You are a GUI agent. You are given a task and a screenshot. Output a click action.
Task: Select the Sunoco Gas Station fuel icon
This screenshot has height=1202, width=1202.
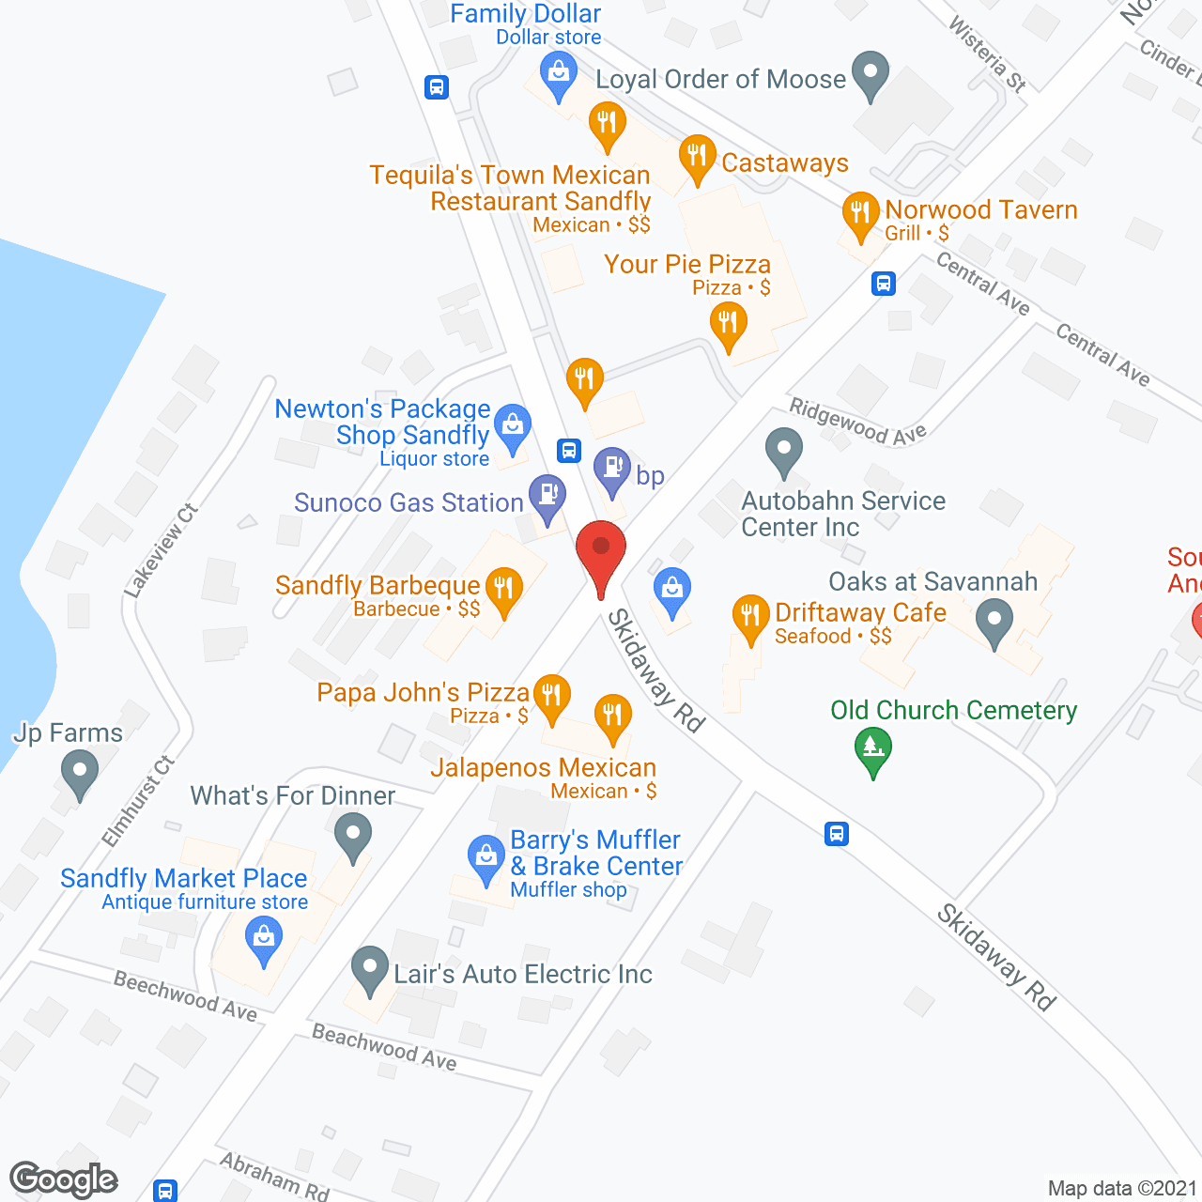click(547, 495)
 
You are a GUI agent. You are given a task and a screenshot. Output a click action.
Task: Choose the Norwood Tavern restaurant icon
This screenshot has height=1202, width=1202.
click(860, 214)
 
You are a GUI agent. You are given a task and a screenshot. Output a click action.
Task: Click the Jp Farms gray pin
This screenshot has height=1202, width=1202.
click(79, 776)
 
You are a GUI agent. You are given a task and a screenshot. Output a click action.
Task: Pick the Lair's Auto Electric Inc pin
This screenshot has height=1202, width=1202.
click(370, 967)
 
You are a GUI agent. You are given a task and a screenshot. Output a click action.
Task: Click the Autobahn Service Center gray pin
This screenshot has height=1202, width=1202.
click(783, 450)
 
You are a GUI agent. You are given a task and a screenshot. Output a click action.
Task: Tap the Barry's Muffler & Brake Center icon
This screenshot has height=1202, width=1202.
click(485, 857)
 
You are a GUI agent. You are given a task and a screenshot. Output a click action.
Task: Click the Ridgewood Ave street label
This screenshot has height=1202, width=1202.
click(857, 422)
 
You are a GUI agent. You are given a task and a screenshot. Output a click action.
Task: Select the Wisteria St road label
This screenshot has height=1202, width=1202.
click(987, 54)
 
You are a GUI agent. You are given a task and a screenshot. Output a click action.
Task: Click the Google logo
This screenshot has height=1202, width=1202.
click(64, 1179)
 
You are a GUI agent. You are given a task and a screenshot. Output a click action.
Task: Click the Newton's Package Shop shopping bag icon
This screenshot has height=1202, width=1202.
click(512, 427)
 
